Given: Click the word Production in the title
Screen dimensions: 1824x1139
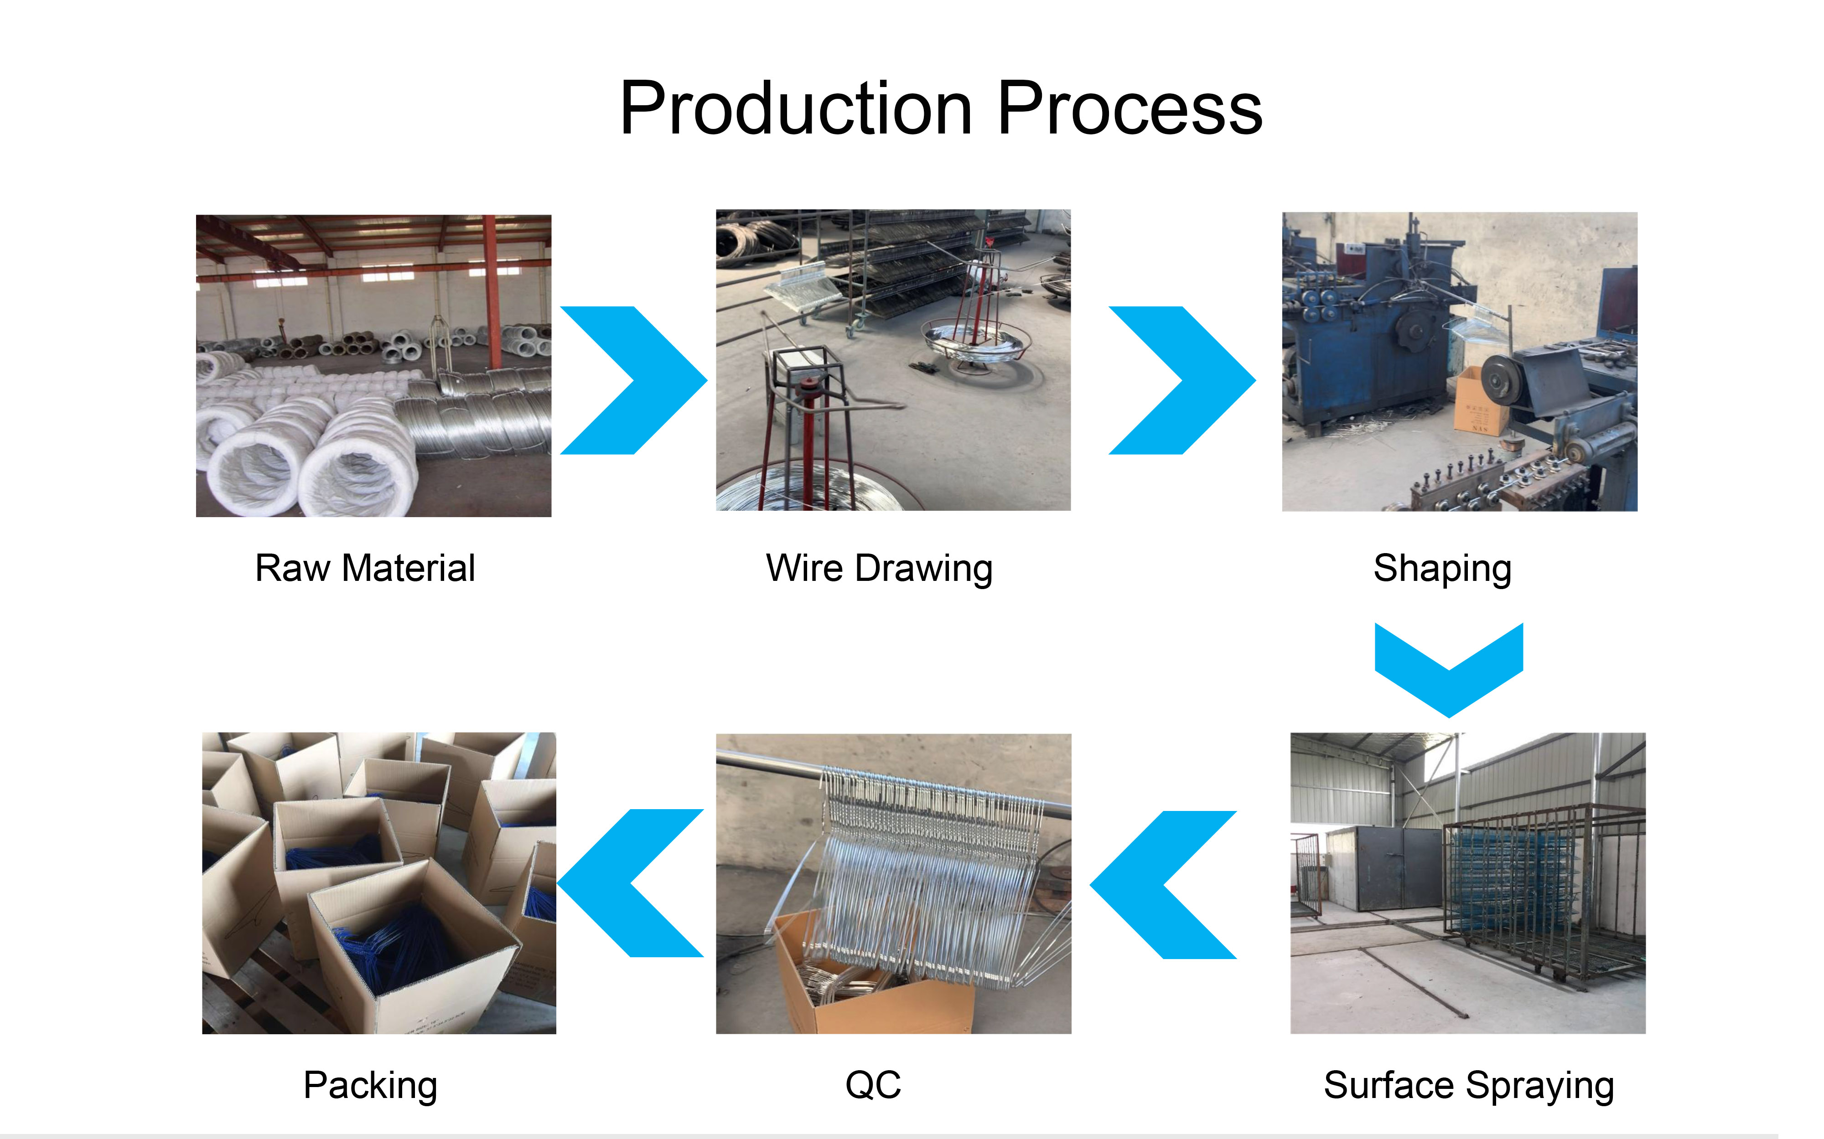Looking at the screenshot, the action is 796,109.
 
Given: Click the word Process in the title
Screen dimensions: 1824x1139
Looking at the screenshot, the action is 1130,109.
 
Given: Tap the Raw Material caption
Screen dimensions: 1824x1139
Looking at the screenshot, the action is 365,568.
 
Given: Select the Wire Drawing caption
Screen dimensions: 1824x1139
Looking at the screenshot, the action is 879,569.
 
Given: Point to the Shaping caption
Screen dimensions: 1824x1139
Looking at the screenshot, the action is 1442,569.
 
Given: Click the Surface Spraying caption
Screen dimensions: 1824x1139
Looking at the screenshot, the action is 1468,1086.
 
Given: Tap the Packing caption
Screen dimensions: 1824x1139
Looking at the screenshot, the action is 370,1086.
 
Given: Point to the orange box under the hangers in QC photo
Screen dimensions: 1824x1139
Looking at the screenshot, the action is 874,979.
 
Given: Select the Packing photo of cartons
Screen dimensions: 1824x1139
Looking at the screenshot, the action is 379,883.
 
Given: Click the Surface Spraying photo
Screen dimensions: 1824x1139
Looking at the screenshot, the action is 1467,883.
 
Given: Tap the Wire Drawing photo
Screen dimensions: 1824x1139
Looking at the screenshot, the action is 893,360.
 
